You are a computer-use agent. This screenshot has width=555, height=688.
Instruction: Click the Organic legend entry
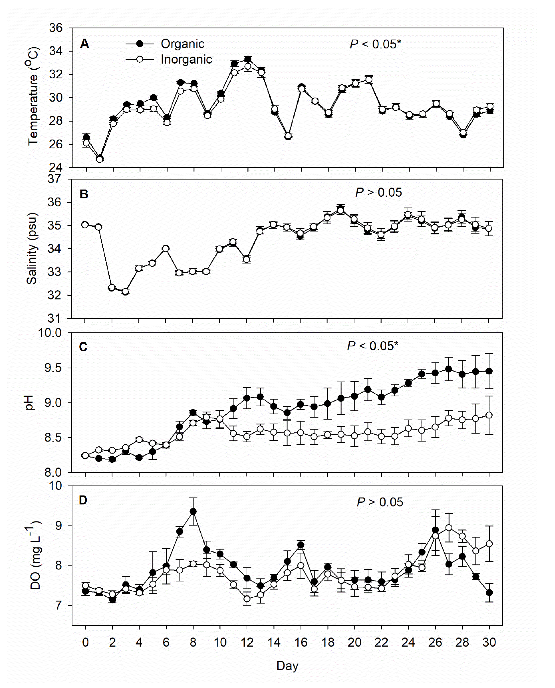click(x=182, y=44)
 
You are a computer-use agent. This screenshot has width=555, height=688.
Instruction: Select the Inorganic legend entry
click(x=186, y=59)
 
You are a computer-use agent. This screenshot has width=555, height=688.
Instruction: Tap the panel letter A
click(x=84, y=44)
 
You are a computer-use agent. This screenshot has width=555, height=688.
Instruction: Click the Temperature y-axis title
click(x=33, y=96)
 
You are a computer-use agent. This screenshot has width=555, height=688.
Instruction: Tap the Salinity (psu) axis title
click(x=32, y=248)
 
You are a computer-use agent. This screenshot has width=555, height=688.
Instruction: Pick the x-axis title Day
click(x=287, y=666)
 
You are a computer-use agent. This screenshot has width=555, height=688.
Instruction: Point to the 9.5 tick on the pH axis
click(x=53, y=368)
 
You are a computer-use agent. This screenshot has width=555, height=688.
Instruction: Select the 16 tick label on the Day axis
click(x=301, y=642)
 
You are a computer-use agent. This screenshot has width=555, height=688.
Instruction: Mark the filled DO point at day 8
click(x=193, y=511)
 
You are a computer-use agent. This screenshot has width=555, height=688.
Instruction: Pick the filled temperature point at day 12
click(x=248, y=59)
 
